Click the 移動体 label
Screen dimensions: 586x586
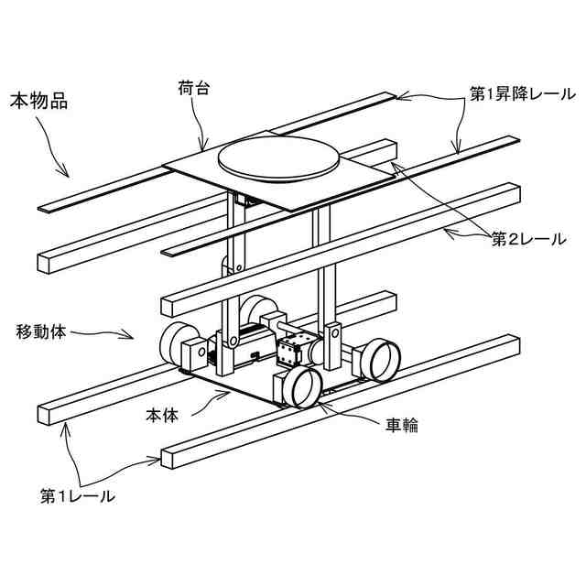click(41, 330)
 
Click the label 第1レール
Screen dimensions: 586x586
click(77, 497)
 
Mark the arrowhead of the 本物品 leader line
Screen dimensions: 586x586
click(67, 173)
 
